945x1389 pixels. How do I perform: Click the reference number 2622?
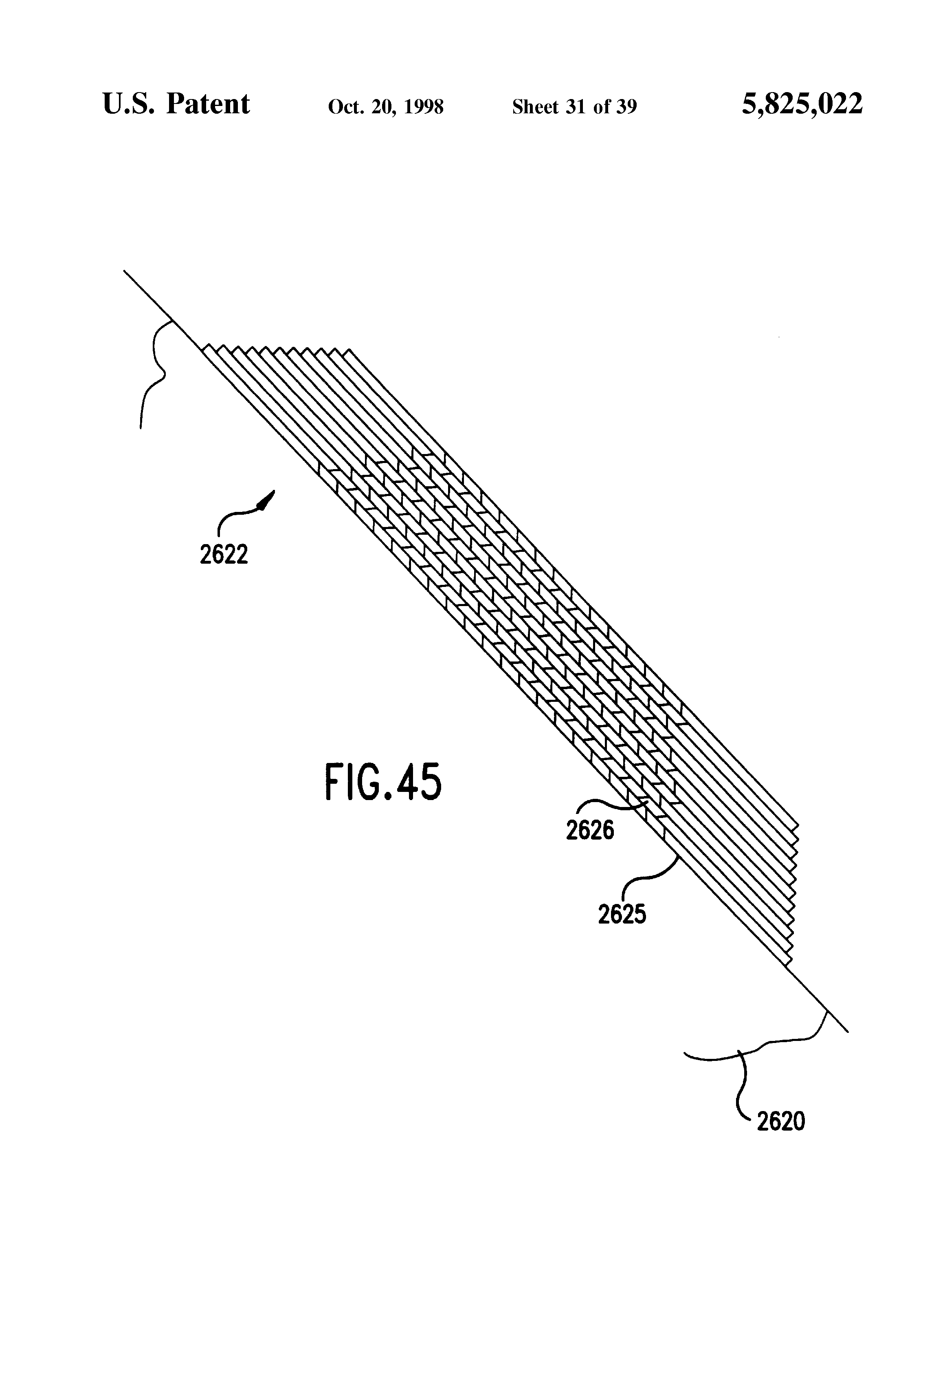tap(223, 555)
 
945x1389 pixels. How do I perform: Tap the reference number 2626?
tap(589, 830)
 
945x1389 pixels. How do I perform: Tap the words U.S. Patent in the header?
tap(176, 104)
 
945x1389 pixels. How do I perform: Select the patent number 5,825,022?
tap(802, 104)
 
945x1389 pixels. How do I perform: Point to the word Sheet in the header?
tap(535, 107)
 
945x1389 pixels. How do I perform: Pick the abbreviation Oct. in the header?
tap(345, 107)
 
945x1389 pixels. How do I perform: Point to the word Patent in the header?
tap(208, 104)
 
